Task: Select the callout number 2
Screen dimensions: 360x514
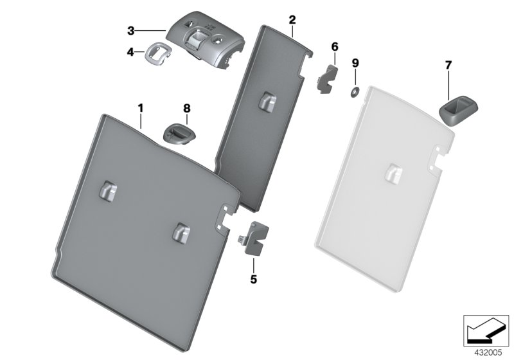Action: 292,19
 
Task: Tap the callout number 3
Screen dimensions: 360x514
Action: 130,31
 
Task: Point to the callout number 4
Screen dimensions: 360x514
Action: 130,51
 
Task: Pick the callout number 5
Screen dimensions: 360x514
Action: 253,280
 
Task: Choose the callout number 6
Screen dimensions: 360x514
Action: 334,47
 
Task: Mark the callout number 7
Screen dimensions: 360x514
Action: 448,65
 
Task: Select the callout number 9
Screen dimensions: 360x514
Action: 355,63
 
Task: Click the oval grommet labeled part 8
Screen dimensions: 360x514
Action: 176,134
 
